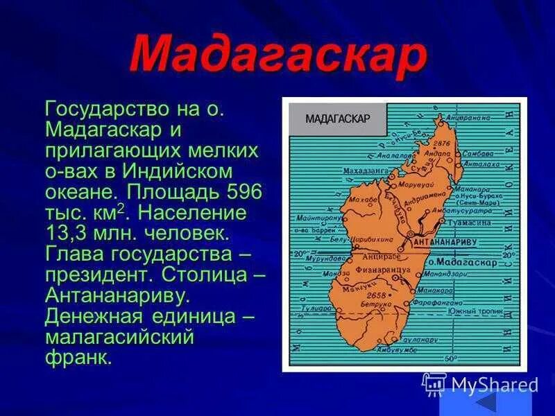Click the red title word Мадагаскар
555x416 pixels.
tap(277, 53)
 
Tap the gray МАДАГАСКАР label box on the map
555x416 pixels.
tap(337, 118)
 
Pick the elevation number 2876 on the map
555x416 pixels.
tap(442, 144)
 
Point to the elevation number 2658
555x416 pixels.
tap(375, 295)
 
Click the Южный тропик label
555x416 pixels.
tap(475, 312)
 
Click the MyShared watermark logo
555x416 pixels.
tap(480, 384)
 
